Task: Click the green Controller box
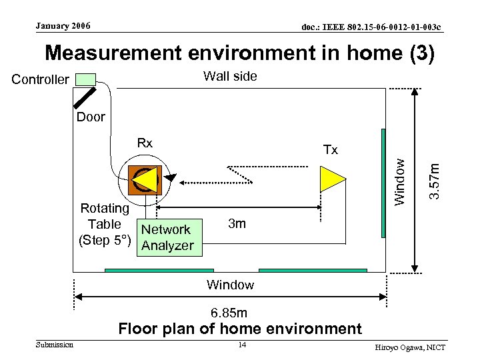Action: pos(85,79)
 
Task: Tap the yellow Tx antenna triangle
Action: pos(332,179)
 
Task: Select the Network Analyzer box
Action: pos(166,237)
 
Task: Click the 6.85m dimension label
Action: pos(229,313)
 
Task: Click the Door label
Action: pos(91,117)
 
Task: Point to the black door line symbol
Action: pos(85,97)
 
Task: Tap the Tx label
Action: pos(330,150)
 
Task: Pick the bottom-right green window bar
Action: pos(313,271)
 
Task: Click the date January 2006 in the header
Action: pos(63,26)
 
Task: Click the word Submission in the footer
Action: pos(55,344)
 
